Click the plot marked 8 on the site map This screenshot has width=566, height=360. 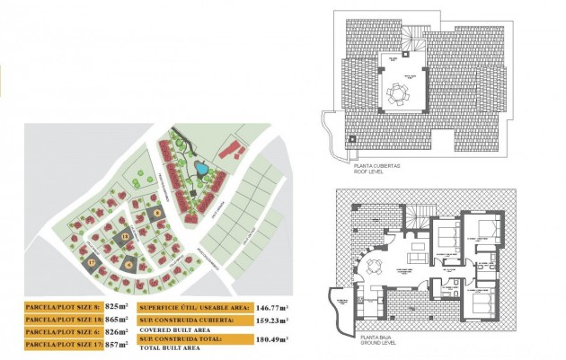[x=156, y=213]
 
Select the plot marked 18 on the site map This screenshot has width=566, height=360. [x=126, y=236]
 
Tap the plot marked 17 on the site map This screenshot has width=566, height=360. [x=92, y=263]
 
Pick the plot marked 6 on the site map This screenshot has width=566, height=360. [x=129, y=264]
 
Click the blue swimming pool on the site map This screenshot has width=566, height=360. [x=202, y=168]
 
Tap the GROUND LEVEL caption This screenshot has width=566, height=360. [x=373, y=343]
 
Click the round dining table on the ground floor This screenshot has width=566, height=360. [x=375, y=266]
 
